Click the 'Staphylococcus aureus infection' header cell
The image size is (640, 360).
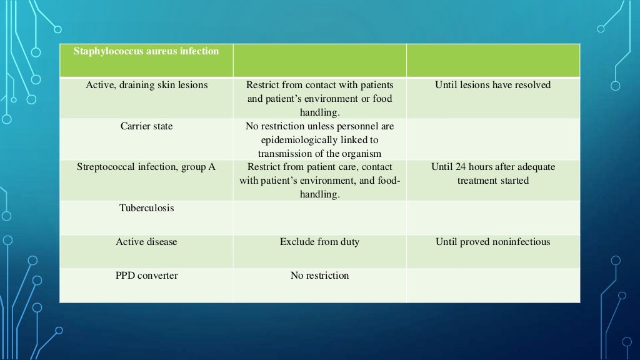(x=147, y=51)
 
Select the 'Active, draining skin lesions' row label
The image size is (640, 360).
(x=147, y=85)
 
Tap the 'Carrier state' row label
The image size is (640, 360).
(x=147, y=126)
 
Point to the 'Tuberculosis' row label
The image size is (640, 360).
(x=147, y=208)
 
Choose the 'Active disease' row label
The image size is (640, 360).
(x=147, y=242)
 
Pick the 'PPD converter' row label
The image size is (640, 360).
(x=147, y=276)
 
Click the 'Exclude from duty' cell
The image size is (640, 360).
(x=319, y=242)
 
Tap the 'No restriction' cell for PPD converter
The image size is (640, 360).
(x=319, y=276)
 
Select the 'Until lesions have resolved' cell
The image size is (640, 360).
(x=492, y=85)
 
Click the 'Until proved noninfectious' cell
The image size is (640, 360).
(x=492, y=242)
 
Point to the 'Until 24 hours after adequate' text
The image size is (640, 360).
(x=492, y=167)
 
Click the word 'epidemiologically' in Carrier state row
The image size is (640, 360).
(x=319, y=140)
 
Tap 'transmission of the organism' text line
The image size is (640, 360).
(x=319, y=154)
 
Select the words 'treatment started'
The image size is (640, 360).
(x=492, y=181)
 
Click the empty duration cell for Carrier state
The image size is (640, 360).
(x=492, y=139)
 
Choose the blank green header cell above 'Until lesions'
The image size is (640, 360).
(x=492, y=60)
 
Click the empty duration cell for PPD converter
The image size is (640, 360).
(x=492, y=285)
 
